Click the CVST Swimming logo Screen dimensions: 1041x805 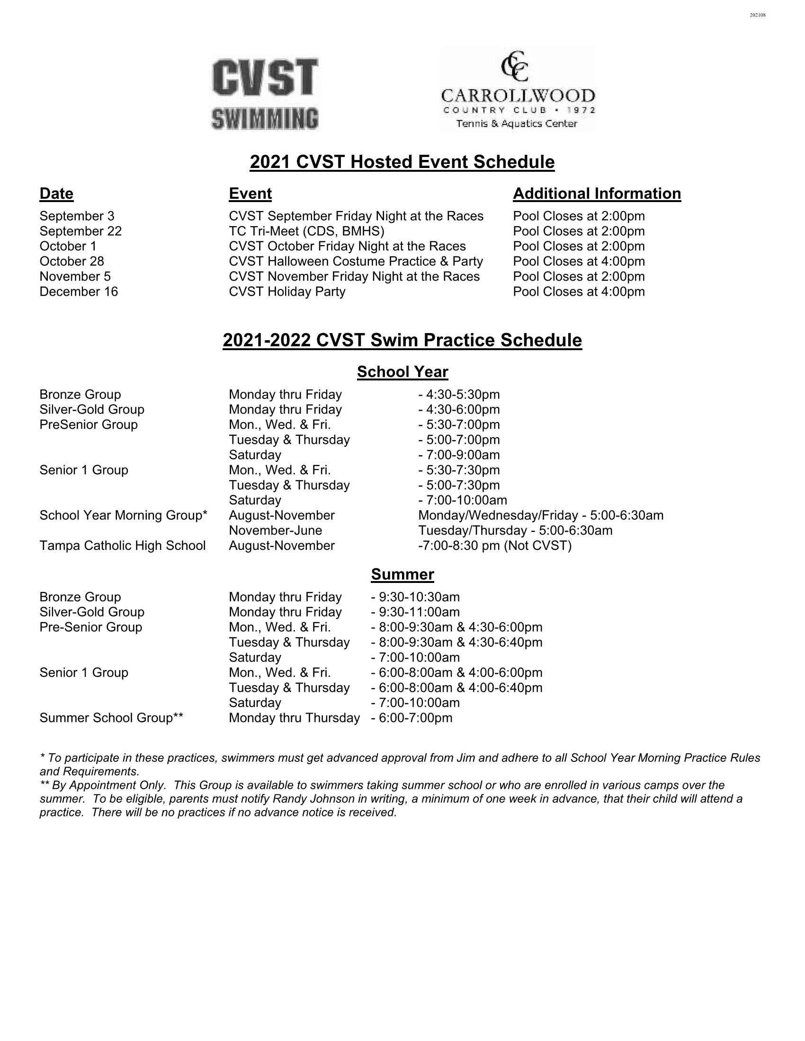point(265,94)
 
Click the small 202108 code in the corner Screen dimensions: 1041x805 point(757,15)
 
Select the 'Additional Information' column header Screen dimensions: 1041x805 point(597,194)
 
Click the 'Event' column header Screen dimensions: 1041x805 point(250,194)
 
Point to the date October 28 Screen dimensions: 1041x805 point(72,261)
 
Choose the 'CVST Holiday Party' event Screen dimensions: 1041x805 point(286,291)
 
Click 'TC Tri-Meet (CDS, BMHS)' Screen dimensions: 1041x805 point(306,231)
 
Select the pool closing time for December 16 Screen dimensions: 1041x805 point(579,291)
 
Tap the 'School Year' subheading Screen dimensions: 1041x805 point(402,372)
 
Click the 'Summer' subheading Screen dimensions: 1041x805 point(402,574)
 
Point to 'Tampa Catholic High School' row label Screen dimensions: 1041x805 point(123,546)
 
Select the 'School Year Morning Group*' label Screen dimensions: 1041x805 point(123,515)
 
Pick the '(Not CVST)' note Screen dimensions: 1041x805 point(537,546)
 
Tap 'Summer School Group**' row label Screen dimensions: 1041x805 point(111,718)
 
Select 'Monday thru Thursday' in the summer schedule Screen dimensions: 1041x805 point(294,718)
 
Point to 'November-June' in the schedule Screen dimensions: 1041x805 point(275,530)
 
